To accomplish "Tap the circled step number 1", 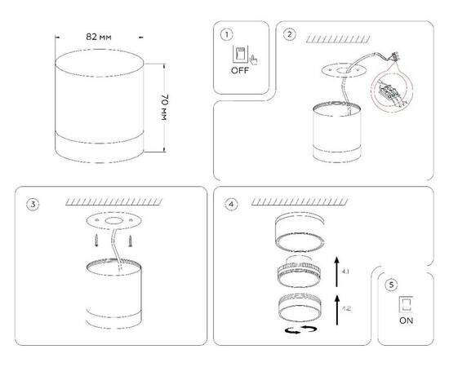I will point(226,34).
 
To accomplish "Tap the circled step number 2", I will point(290,34).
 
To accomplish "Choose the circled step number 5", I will point(392,285).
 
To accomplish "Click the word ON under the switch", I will point(405,321).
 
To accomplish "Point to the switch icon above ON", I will point(404,303).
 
